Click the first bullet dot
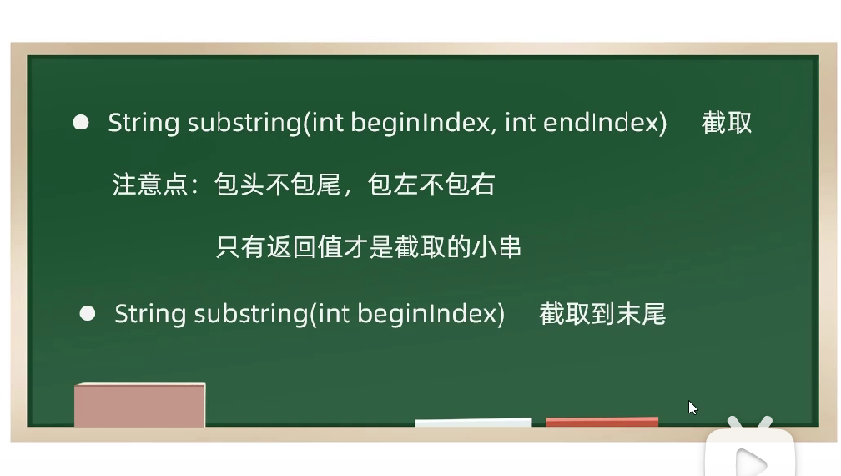pos(81,123)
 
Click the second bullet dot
pos(88,313)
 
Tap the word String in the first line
pos(144,123)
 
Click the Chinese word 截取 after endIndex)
pos(726,123)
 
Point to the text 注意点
pos(149,185)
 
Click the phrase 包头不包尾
pos(277,185)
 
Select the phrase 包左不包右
pos(431,185)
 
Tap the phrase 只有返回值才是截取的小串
pos(369,247)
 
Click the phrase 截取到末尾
pos(602,313)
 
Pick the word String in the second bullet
pos(150,314)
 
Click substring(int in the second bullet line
pos(272,314)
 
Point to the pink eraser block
pos(139,405)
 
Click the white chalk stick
pos(474,423)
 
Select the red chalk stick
pos(602,421)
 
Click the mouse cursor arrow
pos(692,408)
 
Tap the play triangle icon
pos(751,463)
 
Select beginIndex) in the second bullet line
pos(431,314)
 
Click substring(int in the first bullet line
pos(265,123)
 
